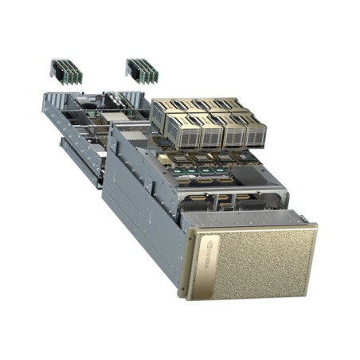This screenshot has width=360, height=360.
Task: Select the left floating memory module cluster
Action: [66, 72]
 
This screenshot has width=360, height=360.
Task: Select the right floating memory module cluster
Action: [142, 71]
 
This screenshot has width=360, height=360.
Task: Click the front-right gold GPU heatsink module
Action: [255, 133]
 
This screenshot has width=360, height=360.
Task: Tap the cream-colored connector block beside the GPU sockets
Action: [163, 159]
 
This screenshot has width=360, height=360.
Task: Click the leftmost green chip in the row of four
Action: [177, 171]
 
